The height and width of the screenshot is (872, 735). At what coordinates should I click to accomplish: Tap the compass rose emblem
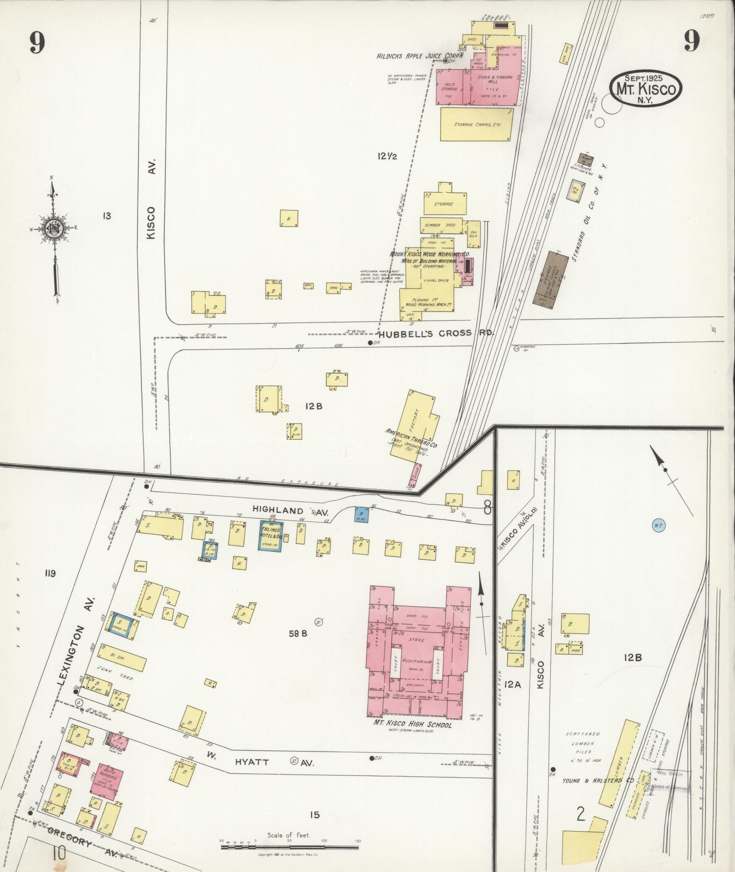click(53, 228)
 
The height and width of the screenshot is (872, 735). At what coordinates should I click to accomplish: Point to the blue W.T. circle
click(658, 526)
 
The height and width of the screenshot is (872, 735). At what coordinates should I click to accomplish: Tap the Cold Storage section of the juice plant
click(449, 88)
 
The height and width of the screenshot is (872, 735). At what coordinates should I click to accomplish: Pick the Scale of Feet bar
click(289, 847)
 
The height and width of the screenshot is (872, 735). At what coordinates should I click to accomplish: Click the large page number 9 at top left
click(37, 44)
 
